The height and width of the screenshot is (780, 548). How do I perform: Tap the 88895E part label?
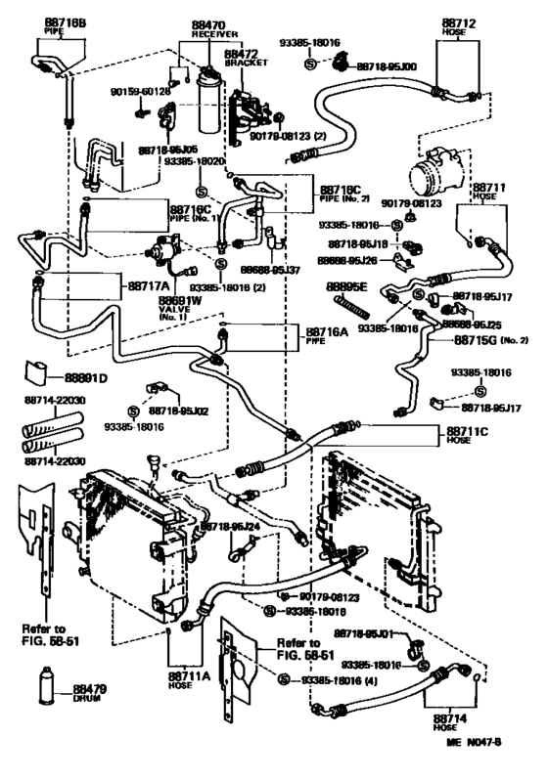[346, 285]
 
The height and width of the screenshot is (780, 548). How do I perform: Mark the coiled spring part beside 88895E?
[354, 311]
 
